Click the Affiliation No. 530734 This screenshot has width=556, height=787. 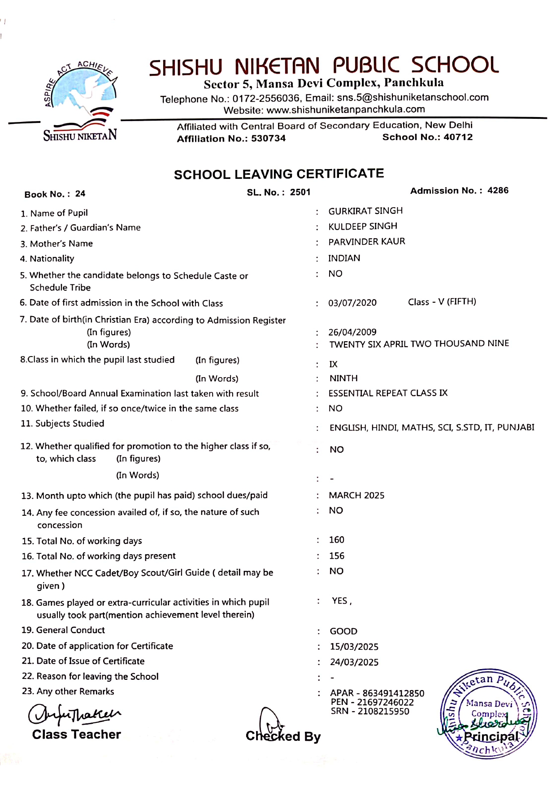[268, 139]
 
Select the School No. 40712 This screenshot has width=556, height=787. [458, 137]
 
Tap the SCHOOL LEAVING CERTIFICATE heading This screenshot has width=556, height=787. [279, 174]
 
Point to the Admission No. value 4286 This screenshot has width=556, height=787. [498, 191]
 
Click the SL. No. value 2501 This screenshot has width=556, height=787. [300, 192]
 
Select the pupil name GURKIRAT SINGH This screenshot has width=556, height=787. [365, 211]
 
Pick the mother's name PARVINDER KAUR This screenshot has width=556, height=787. [366, 242]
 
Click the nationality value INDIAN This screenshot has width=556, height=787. [344, 258]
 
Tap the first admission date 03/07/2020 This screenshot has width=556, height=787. [352, 303]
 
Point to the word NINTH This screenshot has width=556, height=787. [343, 378]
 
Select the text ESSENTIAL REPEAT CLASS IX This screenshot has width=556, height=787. [388, 393]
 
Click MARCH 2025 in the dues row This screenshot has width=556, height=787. [356, 496]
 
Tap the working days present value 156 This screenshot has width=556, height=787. [337, 556]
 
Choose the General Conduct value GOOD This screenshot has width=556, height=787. [343, 631]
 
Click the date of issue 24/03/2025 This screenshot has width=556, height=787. [354, 662]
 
